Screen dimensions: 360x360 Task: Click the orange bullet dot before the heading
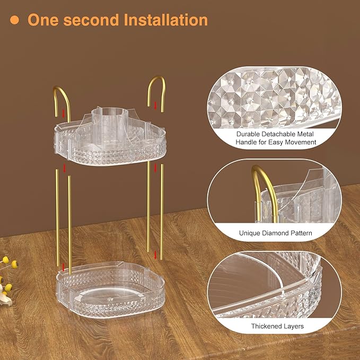pos(16,20)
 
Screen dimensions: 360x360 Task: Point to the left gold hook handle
pos(56,95)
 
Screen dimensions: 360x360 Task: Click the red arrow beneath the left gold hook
pos(64,113)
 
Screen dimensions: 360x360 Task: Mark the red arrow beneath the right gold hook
pos(155,106)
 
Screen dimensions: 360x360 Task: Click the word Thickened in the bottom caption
pos(269,326)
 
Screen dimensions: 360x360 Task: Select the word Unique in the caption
pos(250,233)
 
